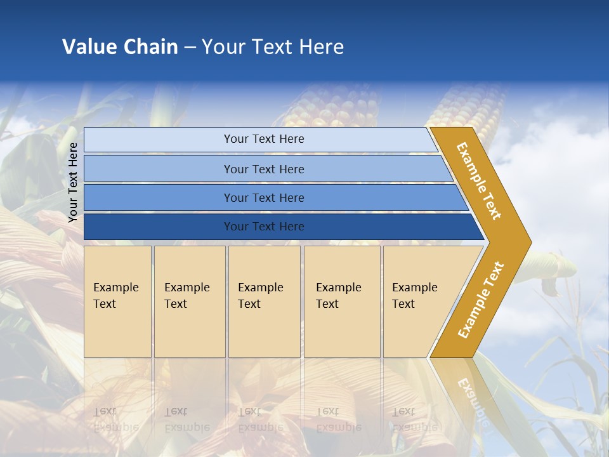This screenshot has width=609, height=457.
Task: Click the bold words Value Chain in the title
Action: [x=120, y=47]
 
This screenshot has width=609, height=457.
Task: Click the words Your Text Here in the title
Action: [x=273, y=47]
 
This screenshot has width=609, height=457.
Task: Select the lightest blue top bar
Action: [x=263, y=139]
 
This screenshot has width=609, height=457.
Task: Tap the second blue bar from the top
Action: [x=263, y=169]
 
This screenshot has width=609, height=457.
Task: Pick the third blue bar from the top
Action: [x=263, y=197]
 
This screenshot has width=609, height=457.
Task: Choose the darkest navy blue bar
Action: [x=263, y=227]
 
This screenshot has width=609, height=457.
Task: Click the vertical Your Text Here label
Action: [x=73, y=182]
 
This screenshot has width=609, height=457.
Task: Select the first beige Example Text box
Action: [x=117, y=301]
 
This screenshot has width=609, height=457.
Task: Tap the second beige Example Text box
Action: [x=189, y=301]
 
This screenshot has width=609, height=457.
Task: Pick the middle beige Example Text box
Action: [x=264, y=301]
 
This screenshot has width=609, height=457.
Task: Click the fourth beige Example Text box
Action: [x=341, y=301]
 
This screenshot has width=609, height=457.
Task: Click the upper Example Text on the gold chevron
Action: [x=480, y=181]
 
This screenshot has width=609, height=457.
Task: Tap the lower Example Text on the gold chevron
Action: [x=481, y=300]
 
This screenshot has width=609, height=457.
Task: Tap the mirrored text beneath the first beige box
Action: [x=115, y=419]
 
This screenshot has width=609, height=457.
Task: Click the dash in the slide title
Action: [x=190, y=48]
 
